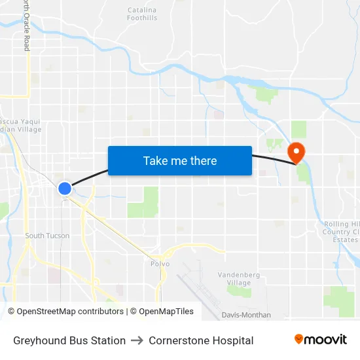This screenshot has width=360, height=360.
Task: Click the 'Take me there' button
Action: [180, 160]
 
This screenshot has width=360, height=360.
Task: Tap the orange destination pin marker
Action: [297, 153]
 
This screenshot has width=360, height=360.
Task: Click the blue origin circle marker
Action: [64, 189]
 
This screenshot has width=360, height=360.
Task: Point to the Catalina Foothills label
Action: [142, 14]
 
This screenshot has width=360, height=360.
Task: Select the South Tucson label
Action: [47, 236]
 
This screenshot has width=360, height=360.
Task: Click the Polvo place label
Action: [160, 264]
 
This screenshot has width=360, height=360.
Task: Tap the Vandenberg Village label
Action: [240, 278]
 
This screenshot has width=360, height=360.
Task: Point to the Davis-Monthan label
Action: [246, 315]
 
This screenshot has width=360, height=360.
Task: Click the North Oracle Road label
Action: [27, 26]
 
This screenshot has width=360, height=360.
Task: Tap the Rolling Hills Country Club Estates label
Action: [342, 232]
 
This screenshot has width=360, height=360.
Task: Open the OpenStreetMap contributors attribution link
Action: [70, 312]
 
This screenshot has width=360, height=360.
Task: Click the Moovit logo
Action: [321, 340]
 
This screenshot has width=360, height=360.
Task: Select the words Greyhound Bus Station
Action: [69, 340]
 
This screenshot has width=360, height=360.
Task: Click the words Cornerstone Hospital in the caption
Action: [201, 340]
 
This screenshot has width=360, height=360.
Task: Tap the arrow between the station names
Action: [137, 340]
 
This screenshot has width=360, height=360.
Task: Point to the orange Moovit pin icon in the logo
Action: [299, 339]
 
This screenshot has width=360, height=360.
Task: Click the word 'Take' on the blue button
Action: [155, 160]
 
